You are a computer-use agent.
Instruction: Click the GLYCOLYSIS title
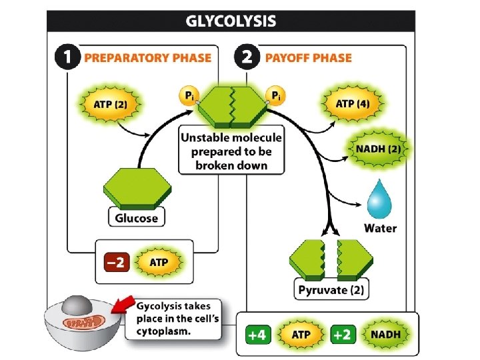coord(230,21)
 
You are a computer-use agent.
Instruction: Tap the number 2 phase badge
coord(247,57)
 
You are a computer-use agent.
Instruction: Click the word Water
coord(380,228)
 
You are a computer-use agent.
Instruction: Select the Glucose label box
coord(137,218)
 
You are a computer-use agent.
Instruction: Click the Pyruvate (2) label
coord(332,290)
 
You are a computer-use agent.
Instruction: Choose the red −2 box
coord(116,262)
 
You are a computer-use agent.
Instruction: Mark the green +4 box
coord(258,335)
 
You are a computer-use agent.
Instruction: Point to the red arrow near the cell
coord(120,305)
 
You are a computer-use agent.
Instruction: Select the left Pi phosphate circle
coord(187,97)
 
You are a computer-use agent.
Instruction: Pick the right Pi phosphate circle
coord(274,97)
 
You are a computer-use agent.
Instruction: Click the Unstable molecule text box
coord(231,152)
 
